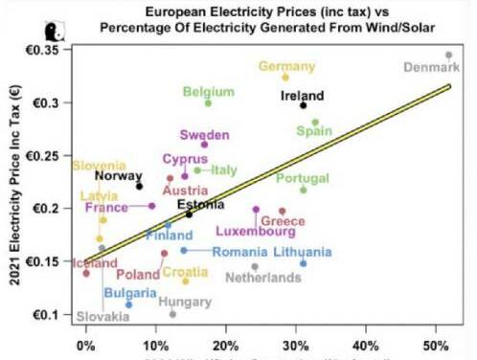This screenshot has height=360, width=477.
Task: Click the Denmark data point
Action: (x=448, y=55)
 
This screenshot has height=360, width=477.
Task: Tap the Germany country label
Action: (x=285, y=65)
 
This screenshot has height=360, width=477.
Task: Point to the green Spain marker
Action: (x=315, y=123)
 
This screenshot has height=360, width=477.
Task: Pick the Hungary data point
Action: (x=172, y=314)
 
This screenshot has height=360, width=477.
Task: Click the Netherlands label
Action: (x=262, y=278)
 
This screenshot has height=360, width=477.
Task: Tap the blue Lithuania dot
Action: (x=304, y=262)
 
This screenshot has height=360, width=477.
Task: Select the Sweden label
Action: (x=204, y=134)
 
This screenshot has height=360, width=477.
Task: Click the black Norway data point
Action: (x=139, y=186)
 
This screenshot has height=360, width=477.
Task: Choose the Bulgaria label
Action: (x=130, y=292)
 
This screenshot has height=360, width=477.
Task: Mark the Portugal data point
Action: (x=304, y=190)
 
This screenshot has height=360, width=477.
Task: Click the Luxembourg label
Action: (x=255, y=231)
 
